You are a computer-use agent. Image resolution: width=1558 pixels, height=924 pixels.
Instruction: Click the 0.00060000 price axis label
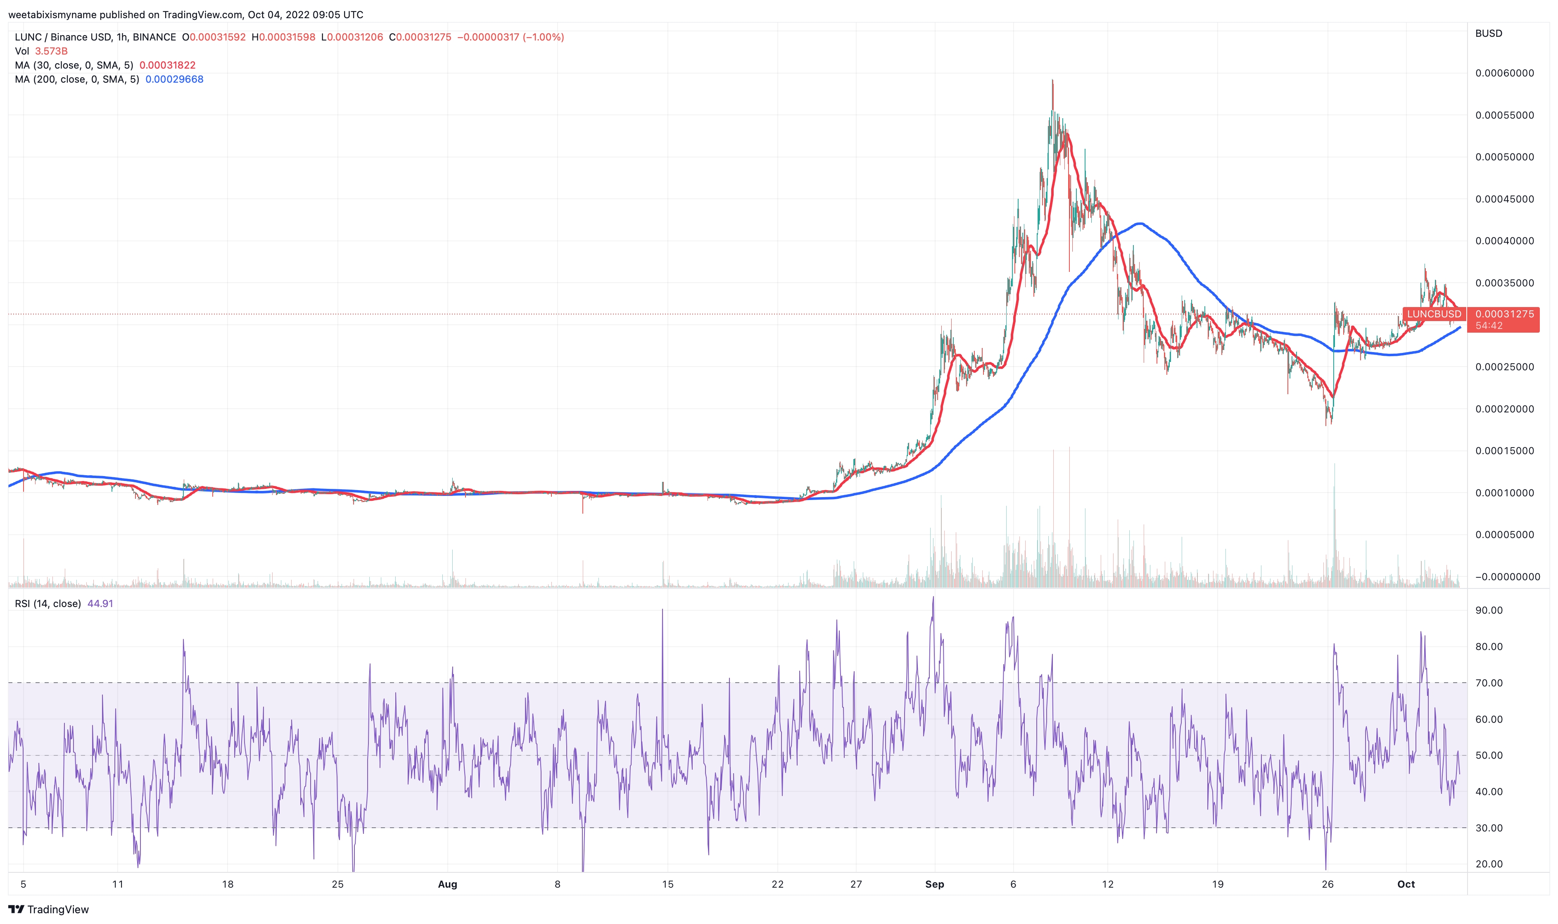coord(1504,73)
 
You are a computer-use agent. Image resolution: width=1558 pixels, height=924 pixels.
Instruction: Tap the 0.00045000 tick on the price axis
coord(1504,199)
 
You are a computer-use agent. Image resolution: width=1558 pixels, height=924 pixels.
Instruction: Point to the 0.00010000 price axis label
coord(1504,493)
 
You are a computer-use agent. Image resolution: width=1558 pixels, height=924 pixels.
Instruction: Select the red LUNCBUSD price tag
coord(1434,314)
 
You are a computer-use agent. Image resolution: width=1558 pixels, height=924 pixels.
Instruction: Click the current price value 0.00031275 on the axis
coord(1504,314)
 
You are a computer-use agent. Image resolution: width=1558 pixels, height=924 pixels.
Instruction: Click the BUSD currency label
coord(1488,33)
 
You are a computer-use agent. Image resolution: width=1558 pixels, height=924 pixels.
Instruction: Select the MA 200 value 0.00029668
coord(174,79)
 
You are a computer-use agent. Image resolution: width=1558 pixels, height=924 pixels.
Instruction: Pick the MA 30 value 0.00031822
coord(167,65)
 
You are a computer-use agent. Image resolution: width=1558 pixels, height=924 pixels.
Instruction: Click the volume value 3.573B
coord(51,51)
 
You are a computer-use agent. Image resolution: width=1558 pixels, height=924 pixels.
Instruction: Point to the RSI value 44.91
coord(100,603)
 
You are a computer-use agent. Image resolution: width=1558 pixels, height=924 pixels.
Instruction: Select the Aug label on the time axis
coord(447,884)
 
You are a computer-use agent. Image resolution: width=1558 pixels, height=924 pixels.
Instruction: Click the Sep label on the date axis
coord(935,884)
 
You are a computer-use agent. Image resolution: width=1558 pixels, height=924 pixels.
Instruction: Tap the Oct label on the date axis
coord(1406,884)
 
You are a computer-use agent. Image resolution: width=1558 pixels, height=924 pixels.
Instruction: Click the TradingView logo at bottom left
coord(48,910)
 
